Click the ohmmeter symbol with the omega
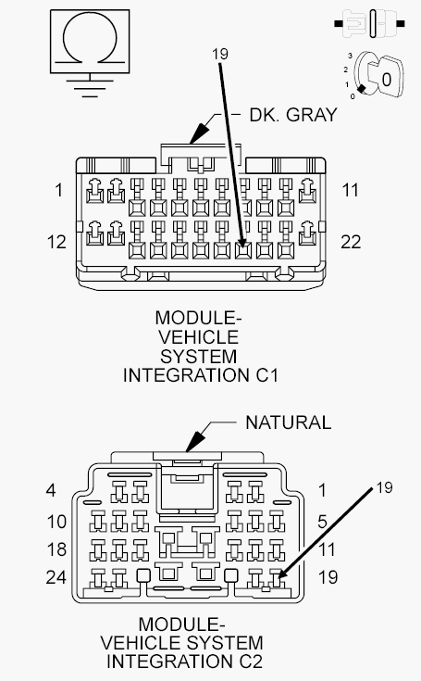pyautogui.click(x=90, y=42)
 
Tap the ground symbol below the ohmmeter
pyautogui.click(x=90, y=85)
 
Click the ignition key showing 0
pyautogui.click(x=378, y=76)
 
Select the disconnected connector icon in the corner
pyautogui.click(x=370, y=23)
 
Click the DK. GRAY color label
pyautogui.click(x=293, y=115)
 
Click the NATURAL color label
pyautogui.click(x=289, y=422)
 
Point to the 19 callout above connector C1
pyautogui.click(x=220, y=54)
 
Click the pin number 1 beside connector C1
pyautogui.click(x=59, y=190)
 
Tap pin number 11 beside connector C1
pyautogui.click(x=351, y=190)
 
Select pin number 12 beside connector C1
pyautogui.click(x=56, y=242)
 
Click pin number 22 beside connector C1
pyautogui.click(x=351, y=242)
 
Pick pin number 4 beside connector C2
pyautogui.click(x=51, y=490)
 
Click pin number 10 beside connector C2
pyautogui.click(x=56, y=522)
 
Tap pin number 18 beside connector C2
pyautogui.click(x=56, y=549)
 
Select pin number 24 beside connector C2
pyautogui.click(x=56, y=577)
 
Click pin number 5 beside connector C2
pyautogui.click(x=322, y=522)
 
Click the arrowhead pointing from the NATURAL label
pyautogui.click(x=194, y=442)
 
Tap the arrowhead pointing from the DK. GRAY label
pyautogui.click(x=198, y=133)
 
